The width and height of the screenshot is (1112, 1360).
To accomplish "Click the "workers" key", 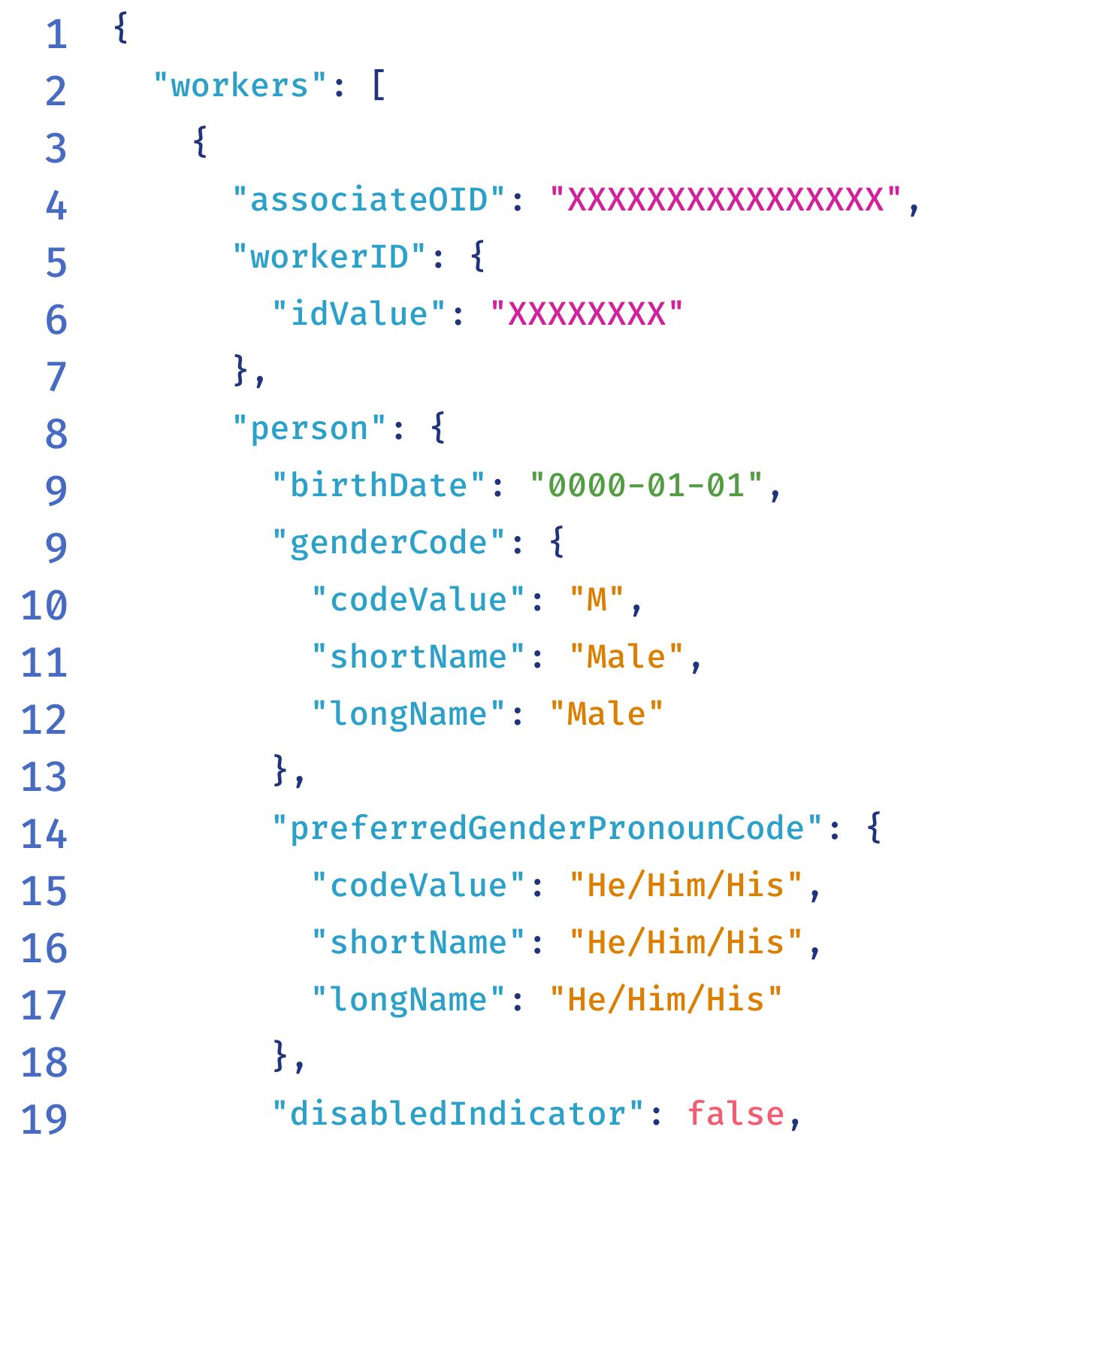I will (240, 86).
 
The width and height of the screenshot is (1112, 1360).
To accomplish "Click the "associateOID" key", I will (368, 200).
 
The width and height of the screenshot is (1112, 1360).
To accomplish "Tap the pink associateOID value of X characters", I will (725, 200).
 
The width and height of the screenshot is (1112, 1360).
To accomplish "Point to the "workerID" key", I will (329, 257).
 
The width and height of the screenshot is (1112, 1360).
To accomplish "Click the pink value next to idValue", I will (586, 314).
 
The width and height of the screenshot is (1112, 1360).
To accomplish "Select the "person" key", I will (309, 429).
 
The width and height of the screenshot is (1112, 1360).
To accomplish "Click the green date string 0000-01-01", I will (646, 486).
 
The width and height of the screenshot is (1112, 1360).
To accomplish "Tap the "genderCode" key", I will (388, 543).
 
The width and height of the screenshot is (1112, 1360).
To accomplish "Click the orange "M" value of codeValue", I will (597, 600).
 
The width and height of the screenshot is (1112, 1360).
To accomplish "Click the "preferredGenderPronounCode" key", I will (547, 828).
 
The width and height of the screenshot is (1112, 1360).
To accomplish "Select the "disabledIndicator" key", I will (458, 1114).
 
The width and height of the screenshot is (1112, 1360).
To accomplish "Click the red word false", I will (736, 1114).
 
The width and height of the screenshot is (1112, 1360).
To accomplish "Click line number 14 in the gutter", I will (44, 834).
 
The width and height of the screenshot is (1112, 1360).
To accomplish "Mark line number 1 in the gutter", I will (56, 35).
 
